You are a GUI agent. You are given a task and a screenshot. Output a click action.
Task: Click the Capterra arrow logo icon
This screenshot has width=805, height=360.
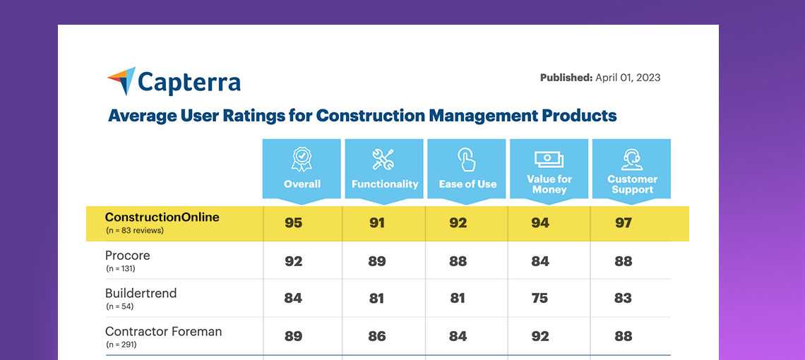click(121, 80)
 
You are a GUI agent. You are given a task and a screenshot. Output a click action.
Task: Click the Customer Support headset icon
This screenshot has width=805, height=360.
click(632, 159)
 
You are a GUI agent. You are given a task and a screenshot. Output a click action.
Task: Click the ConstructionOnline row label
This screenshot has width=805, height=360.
click(162, 217)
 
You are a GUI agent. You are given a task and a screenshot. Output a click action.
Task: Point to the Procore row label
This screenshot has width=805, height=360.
click(127, 256)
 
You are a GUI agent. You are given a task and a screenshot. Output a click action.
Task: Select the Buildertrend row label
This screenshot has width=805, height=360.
click(141, 293)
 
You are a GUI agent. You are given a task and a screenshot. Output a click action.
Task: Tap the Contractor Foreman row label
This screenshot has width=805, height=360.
click(163, 331)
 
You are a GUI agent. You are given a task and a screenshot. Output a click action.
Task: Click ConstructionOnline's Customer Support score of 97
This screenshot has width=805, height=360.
click(623, 223)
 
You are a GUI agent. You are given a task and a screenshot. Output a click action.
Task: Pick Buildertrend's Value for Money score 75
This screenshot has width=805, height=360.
click(539, 299)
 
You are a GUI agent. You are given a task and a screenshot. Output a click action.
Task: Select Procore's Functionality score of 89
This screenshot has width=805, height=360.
click(376, 261)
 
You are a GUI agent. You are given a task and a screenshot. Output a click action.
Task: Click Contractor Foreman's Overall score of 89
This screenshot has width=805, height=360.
click(293, 337)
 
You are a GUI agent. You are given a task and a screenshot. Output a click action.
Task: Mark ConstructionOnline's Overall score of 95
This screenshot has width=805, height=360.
click(293, 223)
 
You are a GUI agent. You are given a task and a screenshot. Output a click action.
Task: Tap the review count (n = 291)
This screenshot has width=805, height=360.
click(121, 344)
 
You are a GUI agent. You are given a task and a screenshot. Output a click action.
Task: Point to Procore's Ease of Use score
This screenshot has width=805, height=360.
click(458, 261)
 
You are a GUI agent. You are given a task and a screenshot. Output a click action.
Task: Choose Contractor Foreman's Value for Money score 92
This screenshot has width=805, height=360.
click(539, 337)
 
